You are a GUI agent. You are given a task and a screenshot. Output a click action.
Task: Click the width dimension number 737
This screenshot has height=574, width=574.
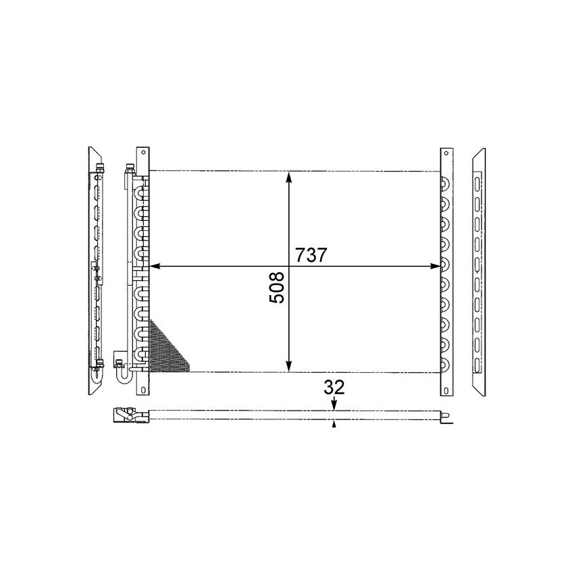pyautogui.click(x=311, y=255)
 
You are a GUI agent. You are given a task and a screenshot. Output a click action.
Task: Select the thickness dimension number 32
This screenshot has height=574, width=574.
pyautogui.click(x=334, y=387)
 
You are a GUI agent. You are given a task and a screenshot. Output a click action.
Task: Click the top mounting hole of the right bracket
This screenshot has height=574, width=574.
pyautogui.click(x=446, y=156)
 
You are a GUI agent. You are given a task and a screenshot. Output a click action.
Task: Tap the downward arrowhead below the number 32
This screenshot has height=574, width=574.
pyautogui.click(x=334, y=405)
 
